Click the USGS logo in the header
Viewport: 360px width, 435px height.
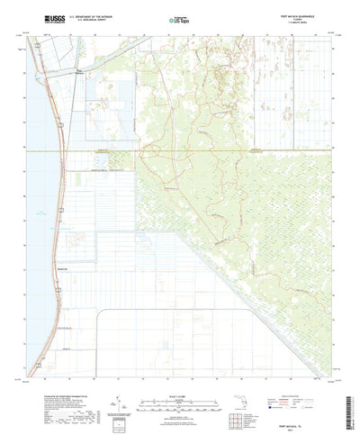click(x=40, y=17)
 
